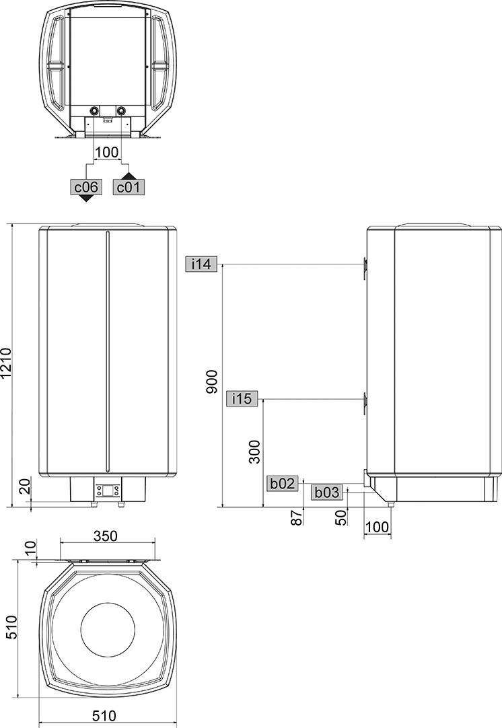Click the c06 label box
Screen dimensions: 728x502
pos(86,187)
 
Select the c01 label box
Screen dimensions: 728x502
pos(127,187)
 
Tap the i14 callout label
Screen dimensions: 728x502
pos(201,264)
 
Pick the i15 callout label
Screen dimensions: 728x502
pos(242,399)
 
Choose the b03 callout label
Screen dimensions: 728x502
pos(327,493)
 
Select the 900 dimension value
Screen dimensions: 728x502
pos(211,382)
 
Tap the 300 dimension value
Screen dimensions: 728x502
pos(254,452)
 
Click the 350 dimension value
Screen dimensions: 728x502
pos(106,536)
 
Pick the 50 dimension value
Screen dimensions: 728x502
pos(340,518)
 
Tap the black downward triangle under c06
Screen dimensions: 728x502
pos(86,199)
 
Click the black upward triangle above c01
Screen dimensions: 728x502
pos(127,175)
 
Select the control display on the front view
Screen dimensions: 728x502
pos(108,490)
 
